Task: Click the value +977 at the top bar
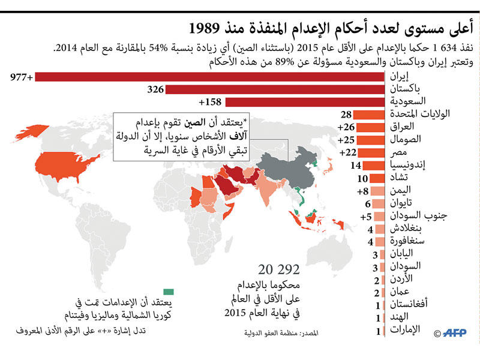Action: (x=22, y=76)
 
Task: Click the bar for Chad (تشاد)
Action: (x=376, y=178)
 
